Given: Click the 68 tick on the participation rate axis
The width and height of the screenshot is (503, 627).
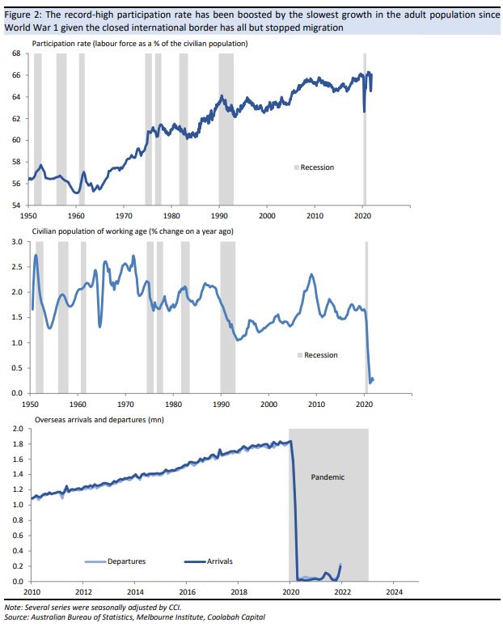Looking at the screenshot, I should pos(15,54).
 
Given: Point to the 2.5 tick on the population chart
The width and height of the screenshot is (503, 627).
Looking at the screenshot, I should pos(15,267).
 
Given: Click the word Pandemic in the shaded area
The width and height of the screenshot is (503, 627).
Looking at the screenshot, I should pos(328,477).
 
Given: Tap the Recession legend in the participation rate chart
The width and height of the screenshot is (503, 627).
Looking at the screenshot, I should pos(316,167).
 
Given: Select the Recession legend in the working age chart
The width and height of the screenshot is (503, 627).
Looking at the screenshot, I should pos(320,355).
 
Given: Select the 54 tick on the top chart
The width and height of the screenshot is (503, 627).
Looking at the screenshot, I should pos(15,205).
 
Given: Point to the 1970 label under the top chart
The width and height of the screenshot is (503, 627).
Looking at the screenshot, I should pos(124,216).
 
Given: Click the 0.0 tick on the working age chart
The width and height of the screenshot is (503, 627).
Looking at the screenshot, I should pos(15,393).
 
